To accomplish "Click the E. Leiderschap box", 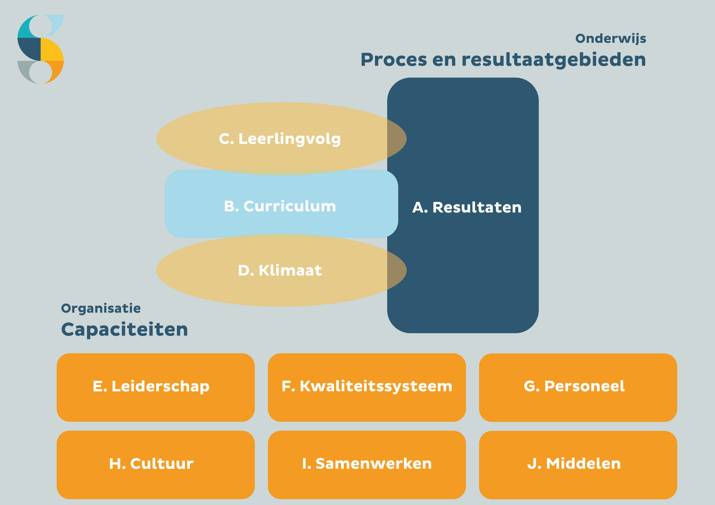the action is tap(156, 387).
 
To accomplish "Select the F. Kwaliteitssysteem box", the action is tap(367, 387).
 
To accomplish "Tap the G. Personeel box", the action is tap(578, 387).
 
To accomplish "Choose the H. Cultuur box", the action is tap(156, 465).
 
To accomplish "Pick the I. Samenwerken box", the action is tap(367, 465).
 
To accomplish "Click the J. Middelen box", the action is tap(578, 465).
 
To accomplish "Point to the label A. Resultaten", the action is tap(467, 208).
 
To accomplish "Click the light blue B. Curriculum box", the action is tap(282, 204).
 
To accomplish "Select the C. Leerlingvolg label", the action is tap(280, 139).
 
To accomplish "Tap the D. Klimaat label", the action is tap(280, 270).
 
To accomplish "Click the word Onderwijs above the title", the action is tap(611, 39).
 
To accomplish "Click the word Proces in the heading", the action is tap(394, 59).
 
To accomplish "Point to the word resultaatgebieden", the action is tap(554, 60).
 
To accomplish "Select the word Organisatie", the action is tap(101, 309).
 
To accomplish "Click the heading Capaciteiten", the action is tap(124, 330).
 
